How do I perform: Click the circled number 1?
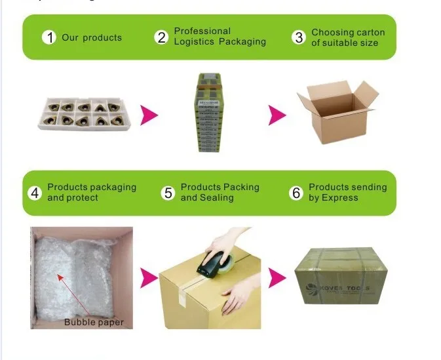[x=49, y=37]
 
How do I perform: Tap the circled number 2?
[x=161, y=37]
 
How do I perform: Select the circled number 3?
[x=299, y=37]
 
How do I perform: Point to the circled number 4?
[x=35, y=193]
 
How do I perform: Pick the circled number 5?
[x=168, y=193]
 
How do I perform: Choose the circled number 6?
[x=296, y=193]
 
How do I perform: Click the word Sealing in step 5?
[x=217, y=198]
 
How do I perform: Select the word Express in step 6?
[x=340, y=198]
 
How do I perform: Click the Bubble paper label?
[x=94, y=322]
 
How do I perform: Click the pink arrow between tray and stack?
[x=150, y=115]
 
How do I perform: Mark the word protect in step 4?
[x=83, y=198]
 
